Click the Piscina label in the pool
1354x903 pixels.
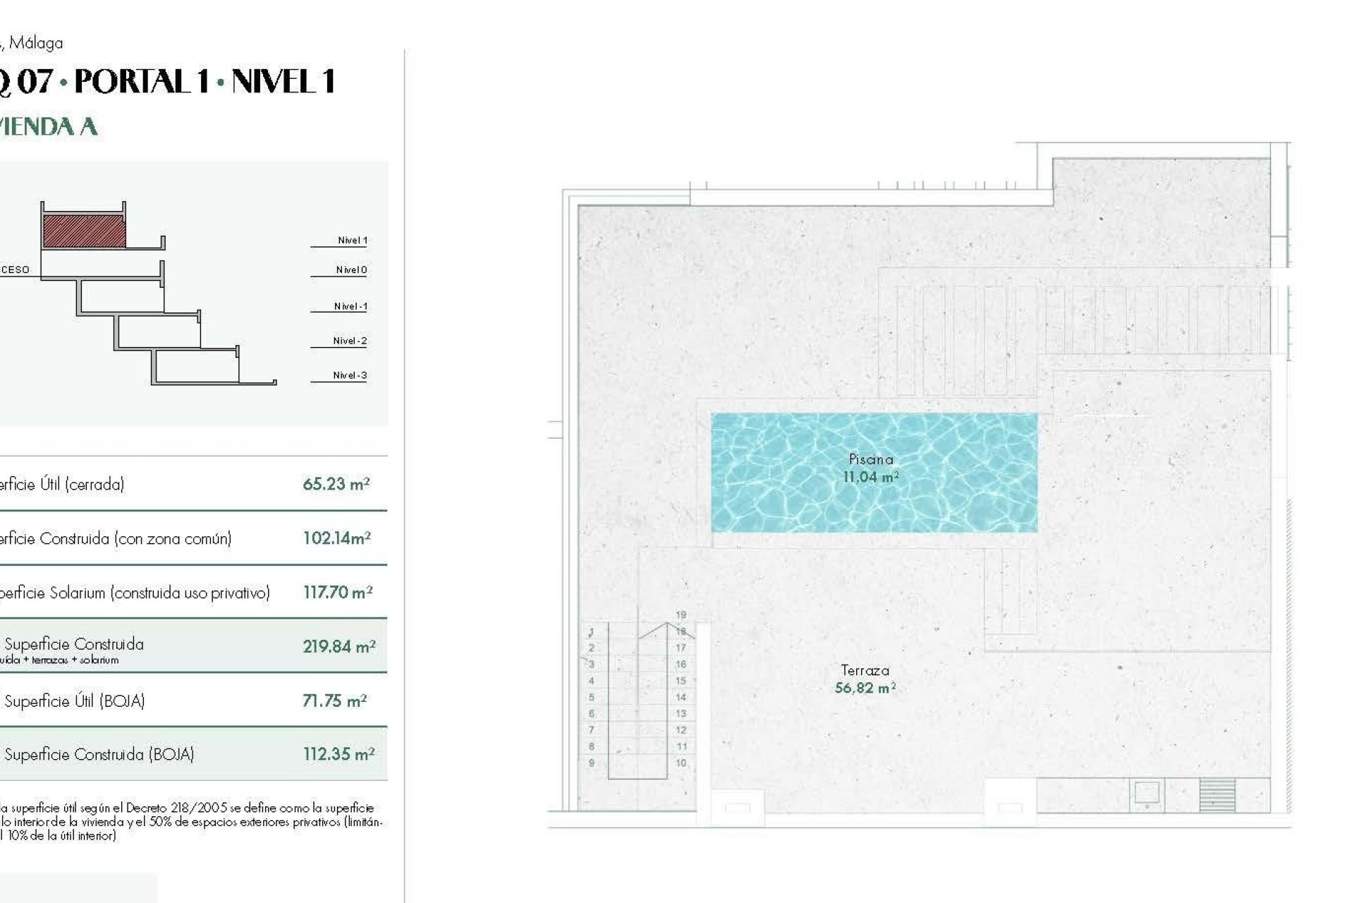(x=871, y=459)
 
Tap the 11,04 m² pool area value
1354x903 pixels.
(x=870, y=477)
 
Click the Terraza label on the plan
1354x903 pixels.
(x=865, y=670)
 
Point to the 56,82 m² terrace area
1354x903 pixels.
(x=865, y=688)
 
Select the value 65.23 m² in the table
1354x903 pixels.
(x=336, y=484)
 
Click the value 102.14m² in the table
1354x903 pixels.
(x=336, y=538)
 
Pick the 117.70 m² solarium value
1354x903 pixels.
(x=337, y=593)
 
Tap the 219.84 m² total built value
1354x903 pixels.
(x=338, y=646)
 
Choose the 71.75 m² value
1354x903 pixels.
(x=334, y=701)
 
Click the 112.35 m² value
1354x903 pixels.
(x=338, y=754)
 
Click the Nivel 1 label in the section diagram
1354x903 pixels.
(x=352, y=241)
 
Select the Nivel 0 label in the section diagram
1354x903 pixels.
(x=351, y=270)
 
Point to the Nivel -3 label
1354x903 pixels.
(x=350, y=375)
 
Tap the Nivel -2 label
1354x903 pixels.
(x=350, y=341)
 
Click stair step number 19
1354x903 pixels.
(x=681, y=615)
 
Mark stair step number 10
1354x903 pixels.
(x=681, y=763)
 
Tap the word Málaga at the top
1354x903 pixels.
(x=36, y=43)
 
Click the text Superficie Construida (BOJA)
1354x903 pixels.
(x=99, y=754)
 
